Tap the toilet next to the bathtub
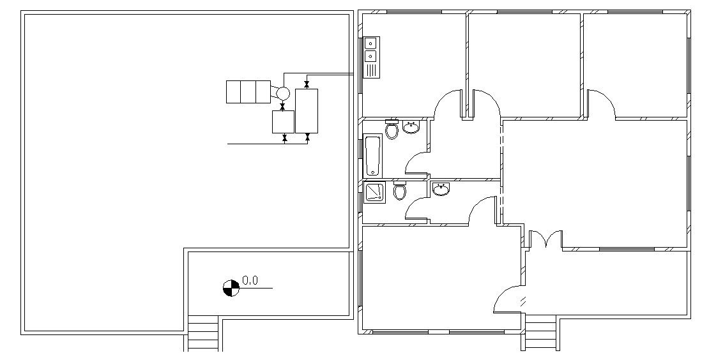click(392, 130)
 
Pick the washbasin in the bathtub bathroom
click(411, 128)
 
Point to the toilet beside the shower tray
click(400, 191)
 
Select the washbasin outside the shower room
click(441, 189)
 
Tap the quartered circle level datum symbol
click(231, 289)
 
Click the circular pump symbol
click(282, 94)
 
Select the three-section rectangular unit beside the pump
click(248, 91)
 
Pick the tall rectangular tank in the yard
click(307, 110)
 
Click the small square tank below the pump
click(283, 121)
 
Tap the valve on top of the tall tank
click(307, 84)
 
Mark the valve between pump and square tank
click(282, 107)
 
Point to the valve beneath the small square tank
click(284, 137)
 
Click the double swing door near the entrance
click(546, 240)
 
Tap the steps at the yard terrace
click(203, 334)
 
